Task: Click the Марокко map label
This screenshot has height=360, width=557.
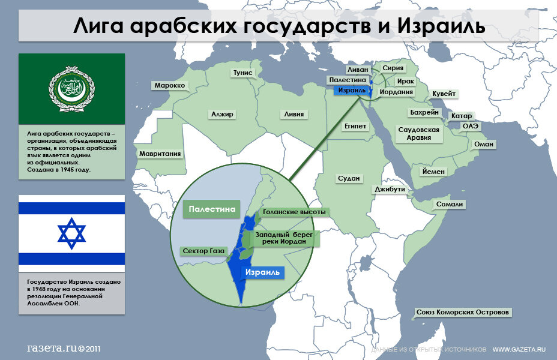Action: [x=169, y=85]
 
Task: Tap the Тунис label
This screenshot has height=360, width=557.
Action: [x=243, y=73]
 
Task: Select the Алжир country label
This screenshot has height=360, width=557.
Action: [x=221, y=114]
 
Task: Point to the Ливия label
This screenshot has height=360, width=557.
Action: [x=294, y=114]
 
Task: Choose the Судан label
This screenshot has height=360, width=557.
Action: [x=348, y=178]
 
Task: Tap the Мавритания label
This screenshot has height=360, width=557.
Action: [x=160, y=154]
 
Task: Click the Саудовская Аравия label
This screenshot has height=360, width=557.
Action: [x=419, y=133]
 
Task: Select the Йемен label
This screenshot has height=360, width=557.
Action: [x=433, y=172]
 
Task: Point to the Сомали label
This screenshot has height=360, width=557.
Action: [x=450, y=204]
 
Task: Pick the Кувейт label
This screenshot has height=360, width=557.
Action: [x=444, y=94]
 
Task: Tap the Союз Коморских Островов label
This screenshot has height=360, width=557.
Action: [x=463, y=313]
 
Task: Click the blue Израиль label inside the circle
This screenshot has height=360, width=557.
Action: [x=262, y=272]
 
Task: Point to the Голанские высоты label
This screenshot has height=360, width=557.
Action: [x=291, y=212]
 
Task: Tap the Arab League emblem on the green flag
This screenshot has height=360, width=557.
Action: [x=71, y=89]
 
